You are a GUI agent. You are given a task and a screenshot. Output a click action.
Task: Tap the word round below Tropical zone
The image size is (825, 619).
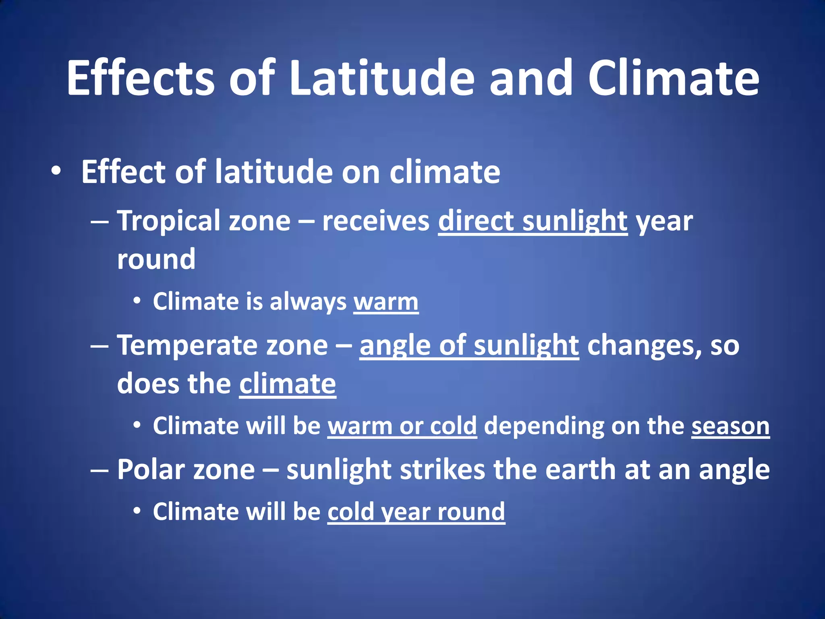click(156, 259)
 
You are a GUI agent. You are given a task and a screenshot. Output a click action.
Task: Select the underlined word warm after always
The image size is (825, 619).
click(386, 301)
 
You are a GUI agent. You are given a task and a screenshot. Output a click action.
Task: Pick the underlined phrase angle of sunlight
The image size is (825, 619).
click(469, 346)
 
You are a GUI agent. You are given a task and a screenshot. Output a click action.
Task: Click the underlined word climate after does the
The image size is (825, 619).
click(288, 384)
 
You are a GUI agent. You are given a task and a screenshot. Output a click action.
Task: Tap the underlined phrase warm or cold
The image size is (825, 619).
click(402, 426)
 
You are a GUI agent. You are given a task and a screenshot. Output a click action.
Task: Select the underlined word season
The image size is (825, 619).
click(730, 426)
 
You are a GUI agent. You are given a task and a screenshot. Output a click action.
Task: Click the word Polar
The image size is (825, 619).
click(150, 470)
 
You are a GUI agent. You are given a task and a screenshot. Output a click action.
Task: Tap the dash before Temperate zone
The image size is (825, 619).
click(99, 346)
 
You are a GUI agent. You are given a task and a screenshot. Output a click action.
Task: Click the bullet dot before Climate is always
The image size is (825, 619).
click(137, 301)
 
